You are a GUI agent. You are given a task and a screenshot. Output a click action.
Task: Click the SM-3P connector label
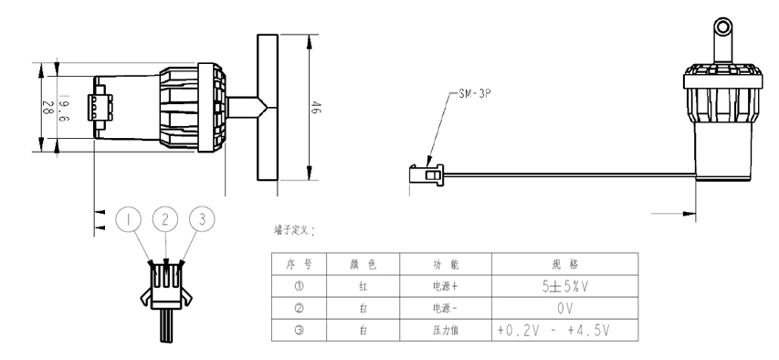pyautogui.click(x=475, y=94)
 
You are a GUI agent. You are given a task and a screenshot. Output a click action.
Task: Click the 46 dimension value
pyautogui.click(x=315, y=108)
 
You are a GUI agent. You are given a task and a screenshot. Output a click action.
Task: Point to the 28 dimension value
pyautogui.click(x=47, y=108)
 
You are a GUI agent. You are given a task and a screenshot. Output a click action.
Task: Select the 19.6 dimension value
pyautogui.click(x=64, y=109)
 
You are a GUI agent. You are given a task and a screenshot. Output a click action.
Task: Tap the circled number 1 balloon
pyautogui.click(x=128, y=219)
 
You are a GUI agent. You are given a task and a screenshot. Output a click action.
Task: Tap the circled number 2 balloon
pyautogui.click(x=165, y=218)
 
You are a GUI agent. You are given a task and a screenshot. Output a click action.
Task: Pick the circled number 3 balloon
pyautogui.click(x=202, y=218)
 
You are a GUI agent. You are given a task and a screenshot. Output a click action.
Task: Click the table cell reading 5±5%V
pyautogui.click(x=565, y=286)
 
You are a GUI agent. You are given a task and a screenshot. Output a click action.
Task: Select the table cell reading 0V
pyautogui.click(x=565, y=308)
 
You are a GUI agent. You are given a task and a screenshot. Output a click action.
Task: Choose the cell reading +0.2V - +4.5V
pyautogui.click(x=565, y=330)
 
